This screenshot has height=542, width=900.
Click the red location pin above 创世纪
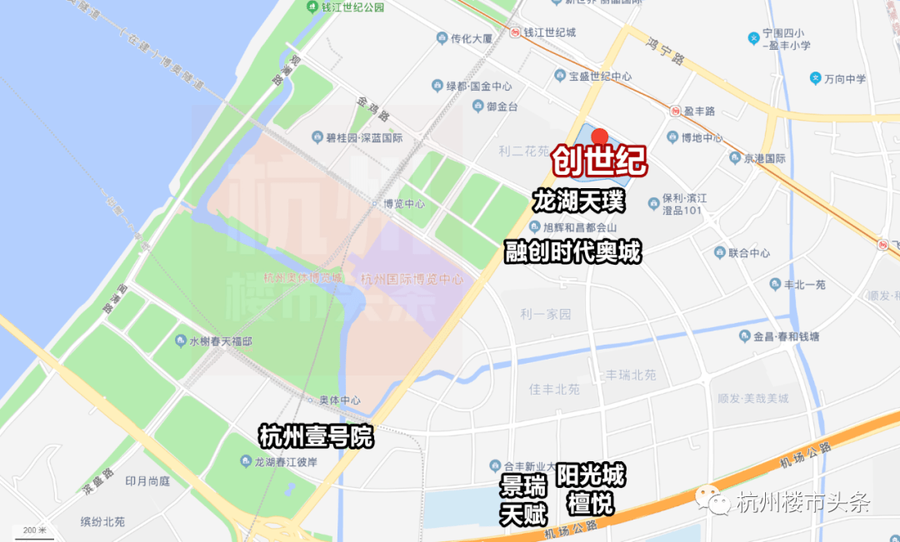pyautogui.click(x=599, y=136)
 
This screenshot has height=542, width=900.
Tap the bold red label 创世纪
pyautogui.click(x=599, y=162)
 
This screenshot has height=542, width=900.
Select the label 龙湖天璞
pyautogui.click(x=578, y=202)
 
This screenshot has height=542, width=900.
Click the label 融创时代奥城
pyautogui.click(x=573, y=251)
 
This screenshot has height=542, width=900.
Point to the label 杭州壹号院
pyautogui.click(x=316, y=435)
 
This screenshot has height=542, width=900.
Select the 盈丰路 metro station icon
pyautogui.click(x=675, y=111)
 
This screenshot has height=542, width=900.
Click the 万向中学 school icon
pyautogui.click(x=815, y=79)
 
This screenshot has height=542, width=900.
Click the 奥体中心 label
pyautogui.click(x=342, y=400)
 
